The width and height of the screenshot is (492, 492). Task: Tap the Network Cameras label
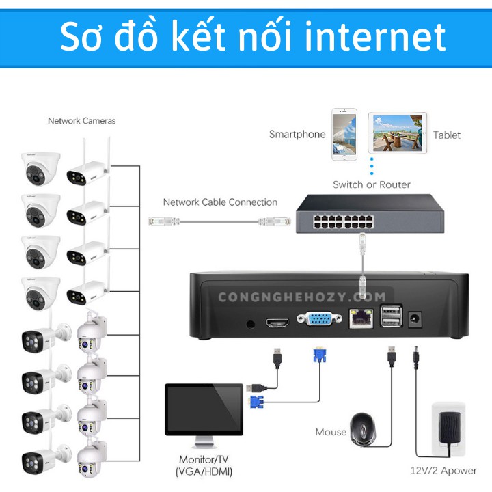81,121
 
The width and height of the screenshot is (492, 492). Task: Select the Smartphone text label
297,135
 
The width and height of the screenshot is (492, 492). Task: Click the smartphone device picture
344,133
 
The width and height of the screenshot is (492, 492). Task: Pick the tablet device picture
398,133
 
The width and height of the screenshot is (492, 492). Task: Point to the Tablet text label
447,135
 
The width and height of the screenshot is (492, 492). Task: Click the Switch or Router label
372,184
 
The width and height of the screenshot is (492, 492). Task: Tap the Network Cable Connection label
220,202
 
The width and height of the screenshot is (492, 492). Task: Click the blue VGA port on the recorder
318,320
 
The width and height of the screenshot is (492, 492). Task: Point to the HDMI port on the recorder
279,321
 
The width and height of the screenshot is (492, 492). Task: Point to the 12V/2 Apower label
443,471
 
